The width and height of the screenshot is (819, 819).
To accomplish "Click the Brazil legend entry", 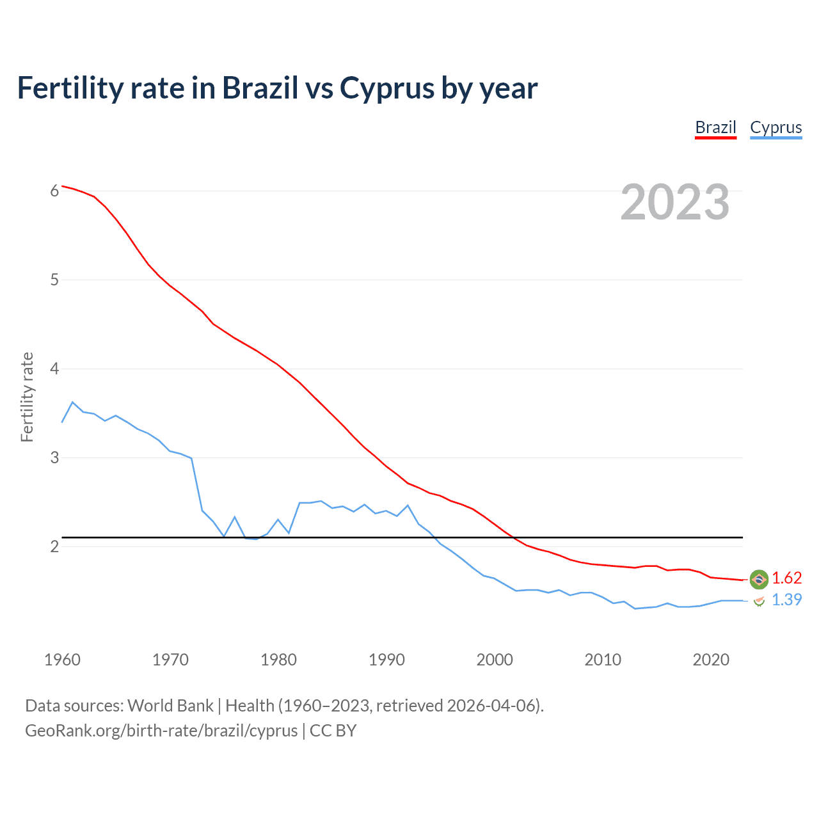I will pyautogui.click(x=715, y=127).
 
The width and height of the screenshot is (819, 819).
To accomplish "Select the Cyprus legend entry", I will pyautogui.click(x=775, y=127).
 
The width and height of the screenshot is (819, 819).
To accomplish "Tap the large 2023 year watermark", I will pyautogui.click(x=675, y=202).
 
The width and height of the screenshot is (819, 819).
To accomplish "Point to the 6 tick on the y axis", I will pyautogui.click(x=54, y=191).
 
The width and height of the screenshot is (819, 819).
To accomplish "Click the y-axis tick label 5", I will pyautogui.click(x=54, y=280).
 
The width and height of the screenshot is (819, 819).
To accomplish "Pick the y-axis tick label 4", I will pyautogui.click(x=54, y=369).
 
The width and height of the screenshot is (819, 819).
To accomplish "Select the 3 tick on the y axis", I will pyautogui.click(x=54, y=457).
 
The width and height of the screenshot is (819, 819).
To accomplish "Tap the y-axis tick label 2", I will pyautogui.click(x=54, y=546).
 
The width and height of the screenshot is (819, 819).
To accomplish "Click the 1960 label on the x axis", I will pyautogui.click(x=62, y=660).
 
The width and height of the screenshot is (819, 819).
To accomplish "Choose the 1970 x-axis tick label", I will pyautogui.click(x=170, y=660).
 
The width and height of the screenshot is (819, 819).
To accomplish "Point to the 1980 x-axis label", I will pyautogui.click(x=278, y=660).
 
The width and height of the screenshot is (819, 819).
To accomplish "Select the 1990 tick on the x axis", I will pyautogui.click(x=386, y=660).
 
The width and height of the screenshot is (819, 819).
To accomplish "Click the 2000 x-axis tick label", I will pyautogui.click(x=495, y=660).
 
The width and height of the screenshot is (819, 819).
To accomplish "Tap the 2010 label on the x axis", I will pyautogui.click(x=603, y=660).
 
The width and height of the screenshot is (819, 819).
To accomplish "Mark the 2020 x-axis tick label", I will pyautogui.click(x=711, y=660).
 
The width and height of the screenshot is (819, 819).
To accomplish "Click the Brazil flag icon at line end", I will pyautogui.click(x=759, y=579).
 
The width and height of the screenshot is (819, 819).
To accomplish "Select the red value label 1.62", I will pyautogui.click(x=786, y=578).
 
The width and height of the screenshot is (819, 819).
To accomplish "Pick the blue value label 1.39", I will pyautogui.click(x=786, y=600).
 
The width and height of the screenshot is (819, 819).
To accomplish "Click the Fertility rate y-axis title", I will pyautogui.click(x=27, y=397).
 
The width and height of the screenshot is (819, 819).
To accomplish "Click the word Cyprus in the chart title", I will pyautogui.click(x=386, y=88).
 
